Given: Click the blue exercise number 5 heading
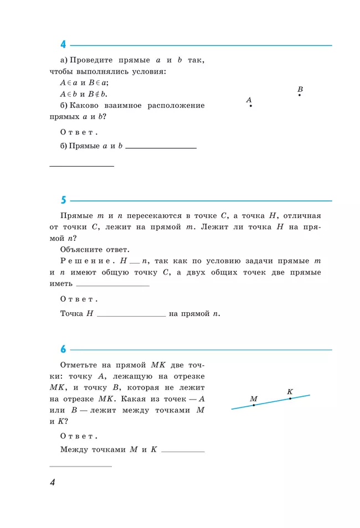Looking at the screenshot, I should click(63, 200).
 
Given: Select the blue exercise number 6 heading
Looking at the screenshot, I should click(63, 349).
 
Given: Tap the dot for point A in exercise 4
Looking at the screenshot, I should click(251, 106).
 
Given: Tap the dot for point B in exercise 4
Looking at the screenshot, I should click(300, 95).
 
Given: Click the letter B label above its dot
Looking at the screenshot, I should click(300, 89).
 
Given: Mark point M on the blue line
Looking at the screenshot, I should click(254, 405).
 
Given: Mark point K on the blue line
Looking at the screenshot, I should click(290, 398).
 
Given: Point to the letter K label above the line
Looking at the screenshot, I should click(290, 391).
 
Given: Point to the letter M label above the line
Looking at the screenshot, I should click(254, 398).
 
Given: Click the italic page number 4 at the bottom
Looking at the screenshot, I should click(53, 483).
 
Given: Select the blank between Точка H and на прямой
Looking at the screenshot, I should click(131, 314).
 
